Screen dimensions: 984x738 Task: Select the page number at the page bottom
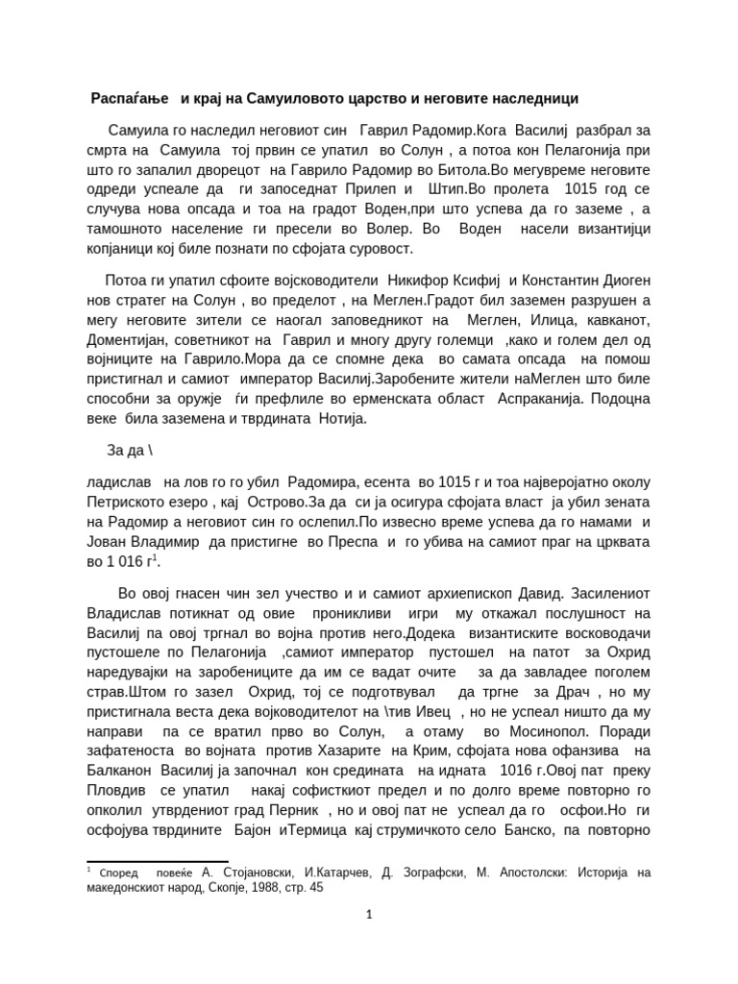[369, 915]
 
